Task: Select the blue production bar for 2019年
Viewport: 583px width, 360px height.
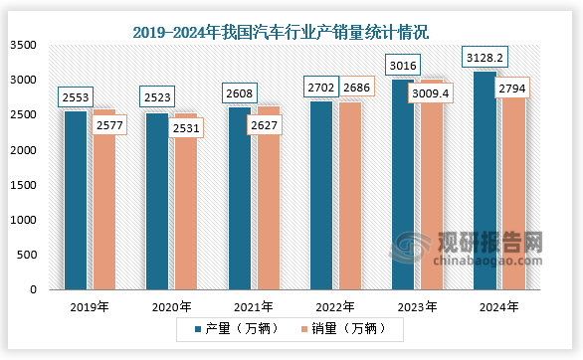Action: [76, 199]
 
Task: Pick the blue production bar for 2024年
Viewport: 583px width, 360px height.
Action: [485, 179]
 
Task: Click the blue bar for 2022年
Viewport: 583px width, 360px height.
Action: [321, 194]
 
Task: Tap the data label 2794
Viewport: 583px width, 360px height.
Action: [513, 90]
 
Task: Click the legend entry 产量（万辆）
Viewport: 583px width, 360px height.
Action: [232, 328]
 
